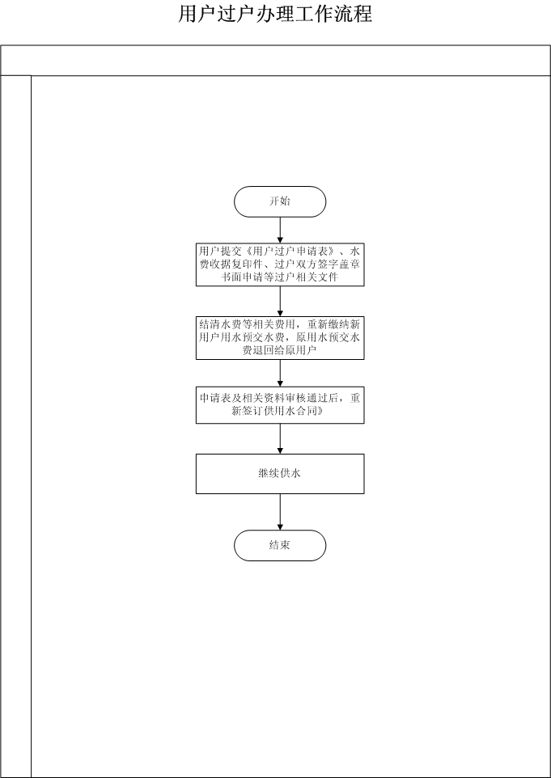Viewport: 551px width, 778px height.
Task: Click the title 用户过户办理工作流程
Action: coord(275,14)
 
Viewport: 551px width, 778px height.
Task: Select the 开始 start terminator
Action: coord(280,201)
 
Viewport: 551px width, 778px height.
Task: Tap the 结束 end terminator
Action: coord(280,545)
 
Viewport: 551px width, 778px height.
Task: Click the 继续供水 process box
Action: coord(280,474)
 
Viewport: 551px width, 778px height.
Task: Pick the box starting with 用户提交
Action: coord(280,264)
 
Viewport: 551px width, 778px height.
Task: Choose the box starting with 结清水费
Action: coord(280,338)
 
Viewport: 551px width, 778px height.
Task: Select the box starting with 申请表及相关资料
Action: coord(280,405)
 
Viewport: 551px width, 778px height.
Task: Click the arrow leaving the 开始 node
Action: coord(280,230)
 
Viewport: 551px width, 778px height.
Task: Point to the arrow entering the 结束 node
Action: coord(280,512)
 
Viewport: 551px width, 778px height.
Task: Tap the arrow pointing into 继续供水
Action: coord(280,438)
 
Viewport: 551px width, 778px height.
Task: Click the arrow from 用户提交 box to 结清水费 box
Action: coord(280,301)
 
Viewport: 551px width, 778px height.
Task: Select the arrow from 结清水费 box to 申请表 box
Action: coord(280,373)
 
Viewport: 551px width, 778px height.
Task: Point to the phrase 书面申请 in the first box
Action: coord(242,277)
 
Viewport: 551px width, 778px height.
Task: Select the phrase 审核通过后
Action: coord(312,399)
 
